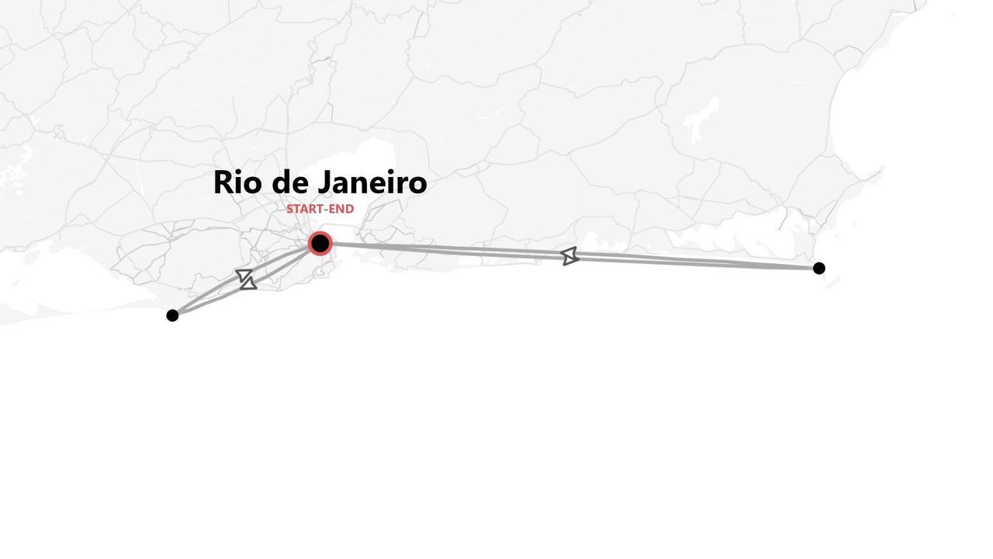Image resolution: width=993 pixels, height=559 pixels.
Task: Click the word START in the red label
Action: [x=304, y=209]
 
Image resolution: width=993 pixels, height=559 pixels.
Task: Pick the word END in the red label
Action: [x=341, y=209]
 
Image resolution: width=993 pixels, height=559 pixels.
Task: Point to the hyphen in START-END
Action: [x=325, y=210]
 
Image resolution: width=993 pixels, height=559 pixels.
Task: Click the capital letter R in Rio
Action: [x=223, y=182]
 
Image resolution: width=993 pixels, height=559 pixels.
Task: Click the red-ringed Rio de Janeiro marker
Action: [x=320, y=244]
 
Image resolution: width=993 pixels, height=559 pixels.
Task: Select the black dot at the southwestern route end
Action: [x=172, y=315]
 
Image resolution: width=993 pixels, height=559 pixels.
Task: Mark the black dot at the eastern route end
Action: [x=819, y=269]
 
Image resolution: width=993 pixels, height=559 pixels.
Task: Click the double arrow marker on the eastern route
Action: [x=569, y=256]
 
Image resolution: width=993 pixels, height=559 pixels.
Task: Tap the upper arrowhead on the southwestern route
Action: [x=244, y=275]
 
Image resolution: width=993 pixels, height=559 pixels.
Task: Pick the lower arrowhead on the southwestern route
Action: [x=249, y=283]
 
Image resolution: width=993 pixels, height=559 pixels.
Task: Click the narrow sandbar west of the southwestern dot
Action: [x=78, y=314]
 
